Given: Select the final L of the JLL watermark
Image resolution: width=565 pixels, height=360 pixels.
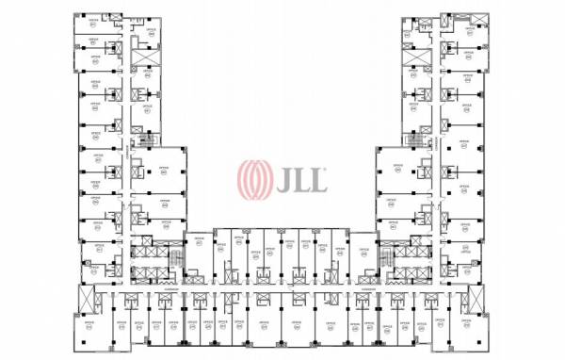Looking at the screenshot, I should point(318,178).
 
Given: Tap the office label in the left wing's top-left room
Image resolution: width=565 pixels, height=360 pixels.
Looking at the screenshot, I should point(95,41).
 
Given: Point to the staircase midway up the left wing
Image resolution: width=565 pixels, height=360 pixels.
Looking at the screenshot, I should point(145,139).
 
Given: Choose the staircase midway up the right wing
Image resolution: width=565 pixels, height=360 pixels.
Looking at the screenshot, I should point(413,139).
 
